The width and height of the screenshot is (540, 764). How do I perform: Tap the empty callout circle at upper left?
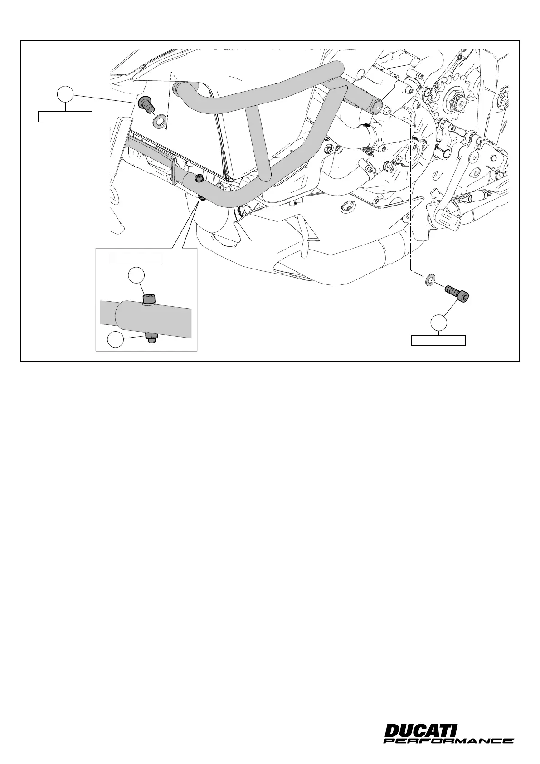[66, 94]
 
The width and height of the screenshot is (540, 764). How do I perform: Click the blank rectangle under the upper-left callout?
[65, 117]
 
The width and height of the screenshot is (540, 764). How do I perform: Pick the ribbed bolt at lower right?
[457, 293]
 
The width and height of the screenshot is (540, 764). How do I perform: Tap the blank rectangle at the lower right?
[438, 340]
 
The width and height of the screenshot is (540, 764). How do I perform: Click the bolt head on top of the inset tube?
[149, 299]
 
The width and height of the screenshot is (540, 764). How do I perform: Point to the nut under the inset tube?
[151, 338]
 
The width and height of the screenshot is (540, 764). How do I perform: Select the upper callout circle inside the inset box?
[136, 275]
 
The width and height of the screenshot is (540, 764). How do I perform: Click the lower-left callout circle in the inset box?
[116, 340]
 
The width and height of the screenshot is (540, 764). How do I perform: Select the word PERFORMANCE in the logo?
[448, 741]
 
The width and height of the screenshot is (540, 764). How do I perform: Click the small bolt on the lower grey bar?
[198, 180]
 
